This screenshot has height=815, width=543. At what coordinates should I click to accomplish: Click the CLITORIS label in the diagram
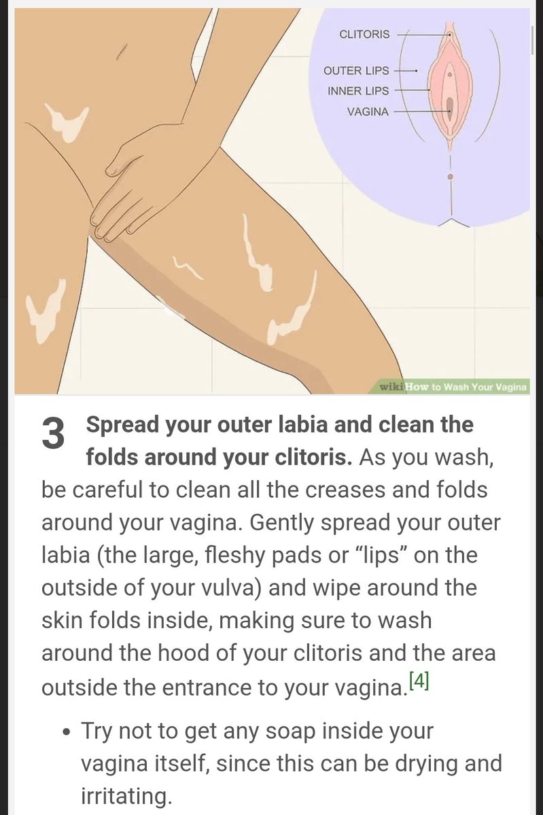pos(364,35)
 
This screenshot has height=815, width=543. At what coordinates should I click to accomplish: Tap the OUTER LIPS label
pos(356,71)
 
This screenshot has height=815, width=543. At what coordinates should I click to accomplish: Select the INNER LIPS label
pos(358,91)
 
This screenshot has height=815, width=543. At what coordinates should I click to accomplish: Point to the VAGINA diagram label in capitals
pos(368,111)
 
